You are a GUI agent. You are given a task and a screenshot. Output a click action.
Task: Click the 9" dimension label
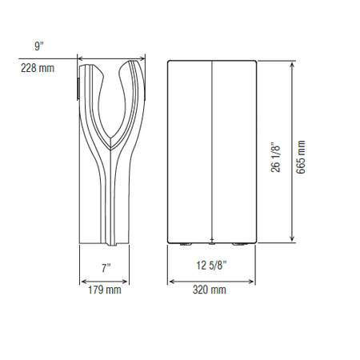(38, 46)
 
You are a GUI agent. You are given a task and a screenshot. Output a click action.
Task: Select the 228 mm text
(38, 68)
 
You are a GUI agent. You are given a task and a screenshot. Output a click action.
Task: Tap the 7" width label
(106, 268)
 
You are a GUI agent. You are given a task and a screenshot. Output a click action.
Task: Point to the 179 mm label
(105, 290)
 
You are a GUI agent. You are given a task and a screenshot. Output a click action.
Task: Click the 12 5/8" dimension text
(211, 266)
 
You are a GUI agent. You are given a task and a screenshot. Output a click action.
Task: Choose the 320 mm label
(210, 290)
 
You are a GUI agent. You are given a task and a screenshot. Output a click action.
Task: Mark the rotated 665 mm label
(301, 157)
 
